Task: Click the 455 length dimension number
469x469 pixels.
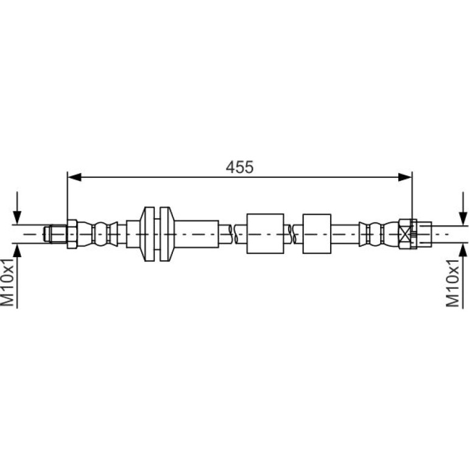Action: click(x=239, y=167)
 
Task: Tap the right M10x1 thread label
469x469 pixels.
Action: click(x=452, y=283)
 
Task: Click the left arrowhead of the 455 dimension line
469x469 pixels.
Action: click(x=74, y=177)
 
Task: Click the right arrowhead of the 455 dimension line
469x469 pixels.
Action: click(x=405, y=177)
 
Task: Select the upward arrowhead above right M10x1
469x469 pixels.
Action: click(x=464, y=250)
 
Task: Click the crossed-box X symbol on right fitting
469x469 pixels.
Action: click(x=405, y=234)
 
